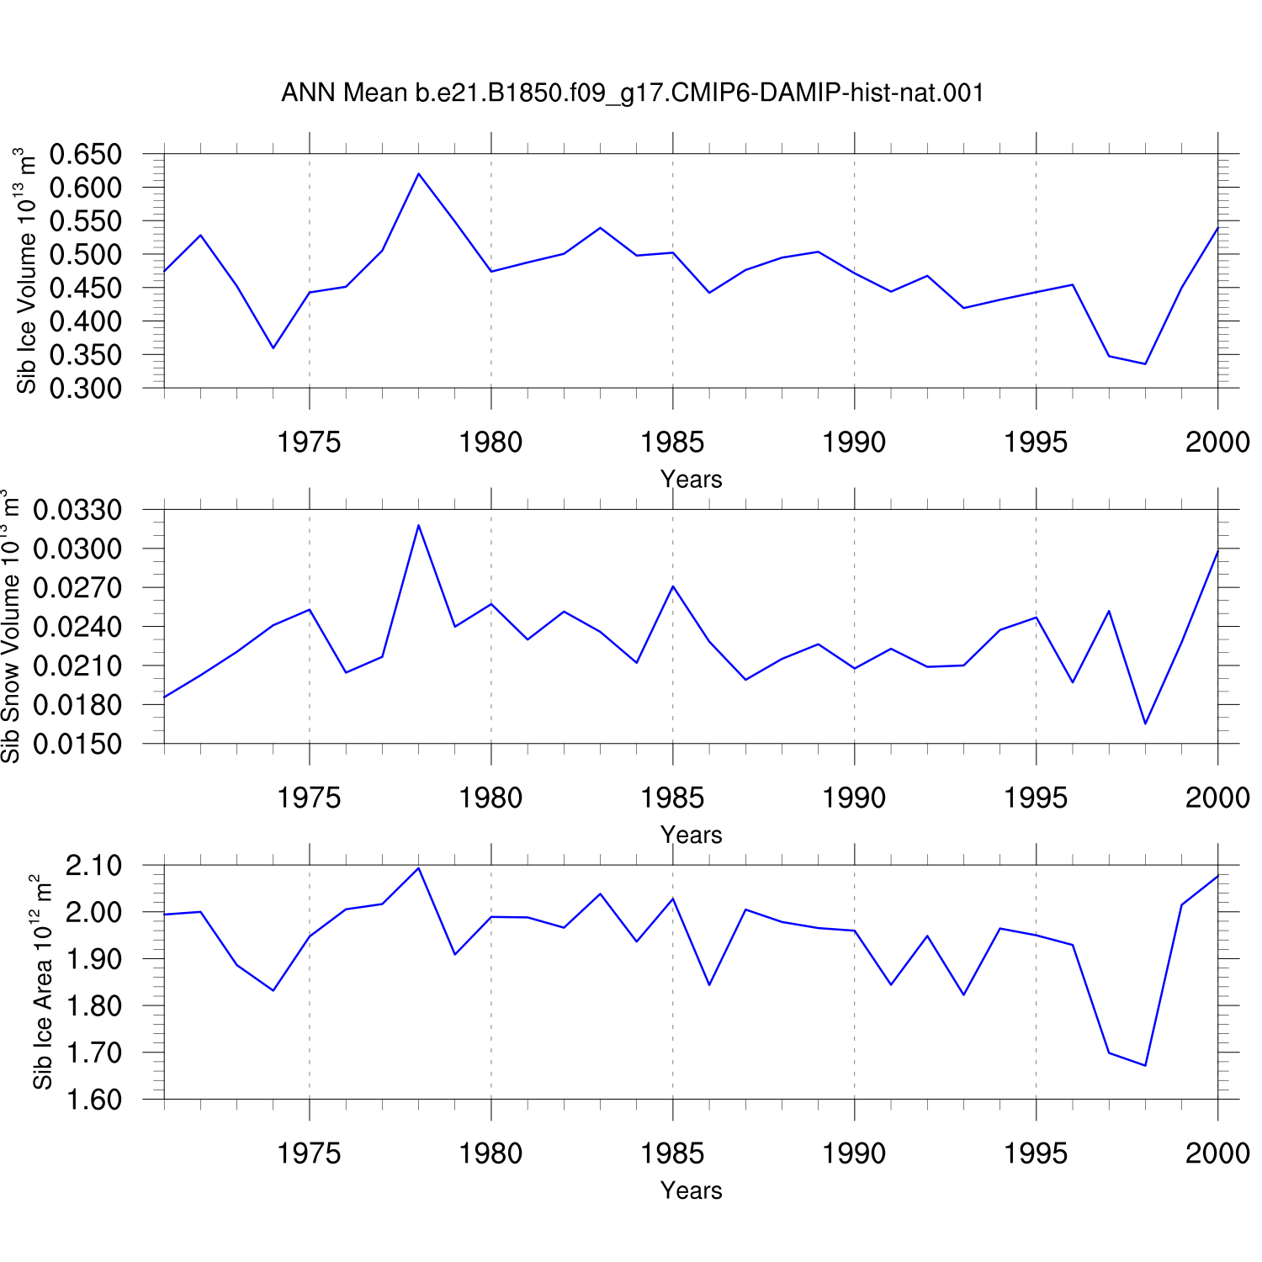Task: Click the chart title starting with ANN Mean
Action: (x=633, y=93)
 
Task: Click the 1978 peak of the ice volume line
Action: (x=418, y=173)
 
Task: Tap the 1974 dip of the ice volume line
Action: (x=273, y=348)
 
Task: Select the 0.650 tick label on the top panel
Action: (x=86, y=154)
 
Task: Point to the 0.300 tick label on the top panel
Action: (x=86, y=389)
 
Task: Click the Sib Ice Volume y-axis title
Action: (x=27, y=271)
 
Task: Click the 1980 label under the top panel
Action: (x=490, y=442)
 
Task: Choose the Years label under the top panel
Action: (x=692, y=480)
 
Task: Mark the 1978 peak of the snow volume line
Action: (x=418, y=525)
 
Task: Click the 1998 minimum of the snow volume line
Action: (x=1145, y=724)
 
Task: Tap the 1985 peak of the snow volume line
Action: (x=673, y=586)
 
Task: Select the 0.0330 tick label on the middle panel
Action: (x=77, y=510)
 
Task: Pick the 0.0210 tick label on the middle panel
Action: (x=77, y=665)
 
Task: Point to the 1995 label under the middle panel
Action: (x=1036, y=798)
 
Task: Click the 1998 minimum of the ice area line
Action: (x=1145, y=1066)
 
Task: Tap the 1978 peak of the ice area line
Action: (x=418, y=867)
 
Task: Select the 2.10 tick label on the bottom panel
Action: (x=93, y=865)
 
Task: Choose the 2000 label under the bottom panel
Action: (x=1217, y=1153)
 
